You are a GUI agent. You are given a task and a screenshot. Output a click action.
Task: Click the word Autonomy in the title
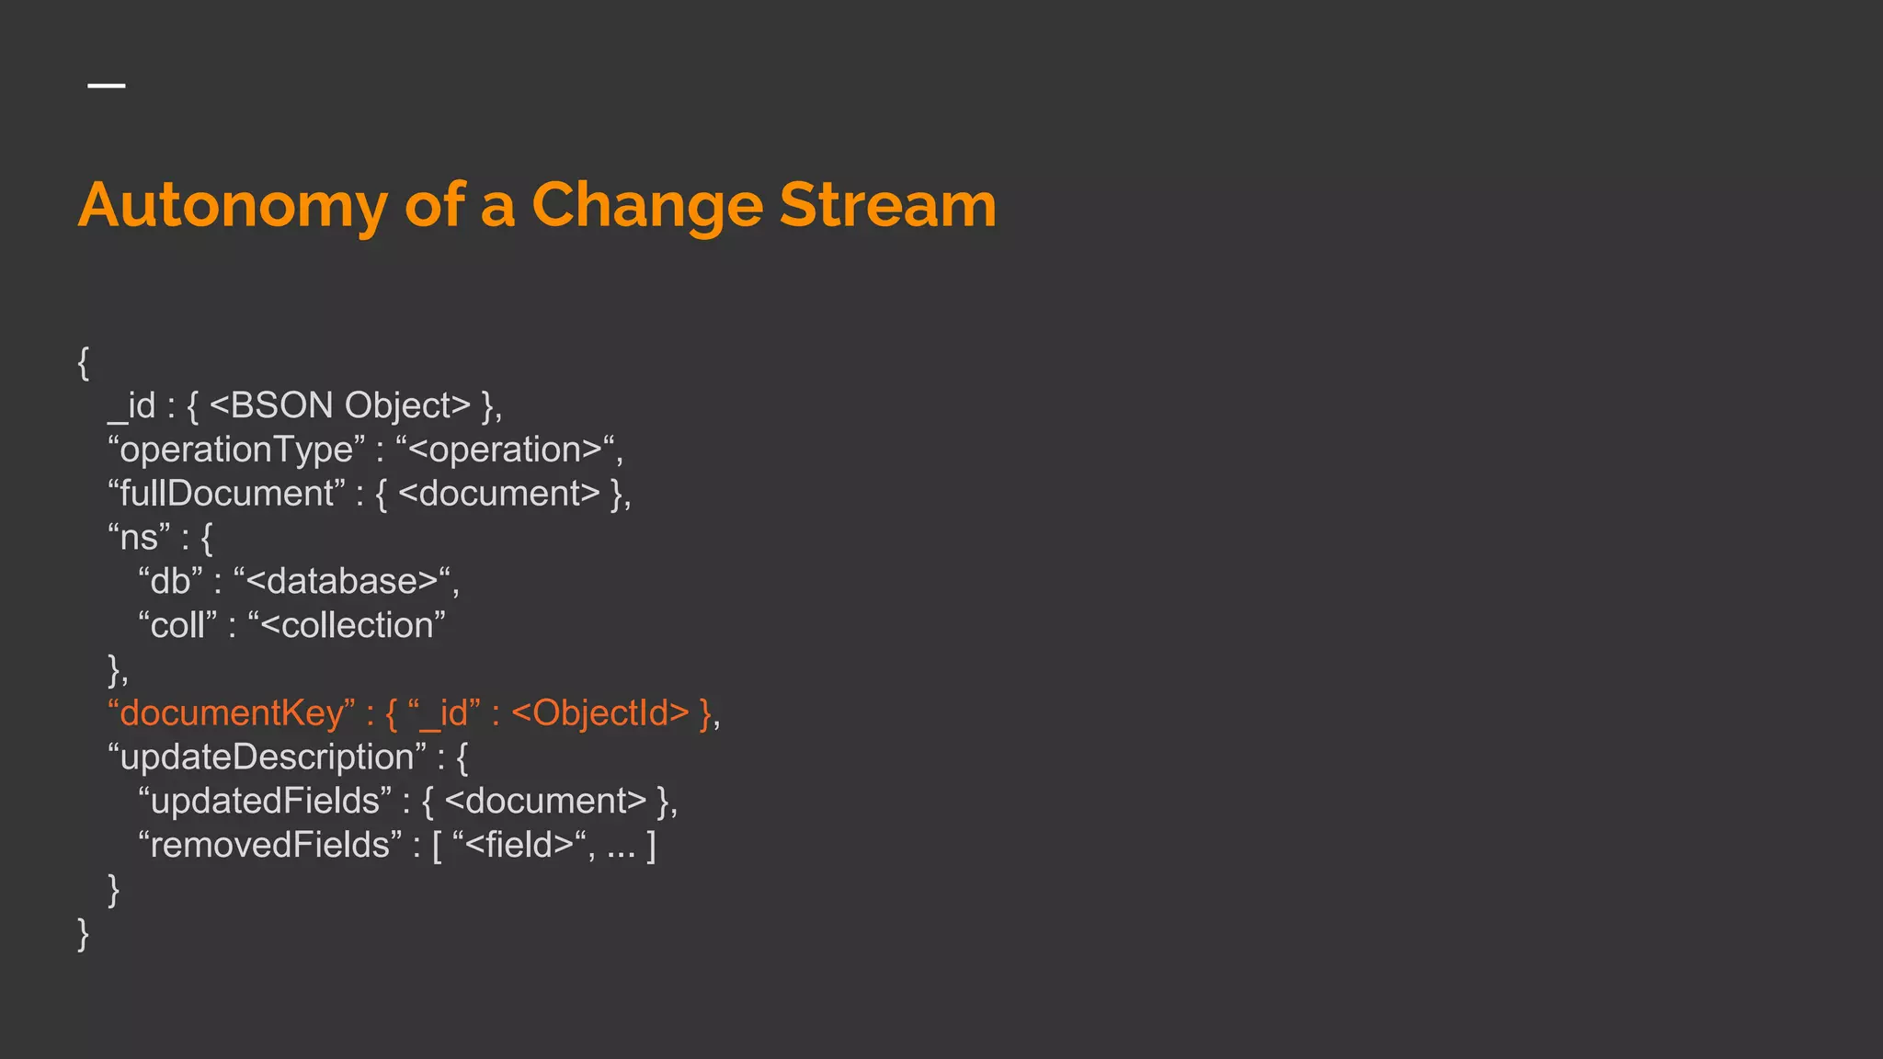pyautogui.click(x=233, y=206)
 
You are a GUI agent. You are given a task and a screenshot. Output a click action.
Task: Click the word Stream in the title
pyautogui.click(x=887, y=204)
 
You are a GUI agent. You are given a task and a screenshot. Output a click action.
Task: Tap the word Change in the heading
pyautogui.click(x=647, y=206)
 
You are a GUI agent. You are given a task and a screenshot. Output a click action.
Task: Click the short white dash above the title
pyautogui.click(x=107, y=85)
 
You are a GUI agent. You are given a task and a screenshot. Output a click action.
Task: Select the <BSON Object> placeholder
pyautogui.click(x=340, y=405)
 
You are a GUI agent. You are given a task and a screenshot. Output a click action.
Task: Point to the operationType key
pyautogui.click(x=236, y=450)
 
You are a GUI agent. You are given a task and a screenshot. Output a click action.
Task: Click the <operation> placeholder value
pyautogui.click(x=505, y=450)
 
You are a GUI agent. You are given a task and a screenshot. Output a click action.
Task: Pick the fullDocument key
pyautogui.click(x=227, y=494)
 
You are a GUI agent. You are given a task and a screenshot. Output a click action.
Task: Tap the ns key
pyautogui.click(x=139, y=538)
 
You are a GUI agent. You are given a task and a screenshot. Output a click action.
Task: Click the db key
pyautogui.click(x=170, y=582)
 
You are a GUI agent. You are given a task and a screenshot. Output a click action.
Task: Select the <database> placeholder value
pyautogui.click(x=341, y=582)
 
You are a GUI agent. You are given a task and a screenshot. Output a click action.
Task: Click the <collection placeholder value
pyautogui.click(x=347, y=626)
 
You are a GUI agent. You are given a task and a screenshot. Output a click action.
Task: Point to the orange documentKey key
pyautogui.click(x=231, y=713)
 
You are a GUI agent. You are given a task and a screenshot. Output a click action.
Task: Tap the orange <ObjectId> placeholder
pyautogui.click(x=599, y=713)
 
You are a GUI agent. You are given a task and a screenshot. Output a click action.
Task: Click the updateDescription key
pyautogui.click(x=267, y=757)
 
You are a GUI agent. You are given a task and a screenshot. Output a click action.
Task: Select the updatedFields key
pyautogui.click(x=265, y=802)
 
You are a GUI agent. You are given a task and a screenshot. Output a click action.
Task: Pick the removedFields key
pyautogui.click(x=270, y=846)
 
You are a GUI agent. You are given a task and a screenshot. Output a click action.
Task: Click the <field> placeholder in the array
pyautogui.click(x=519, y=846)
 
